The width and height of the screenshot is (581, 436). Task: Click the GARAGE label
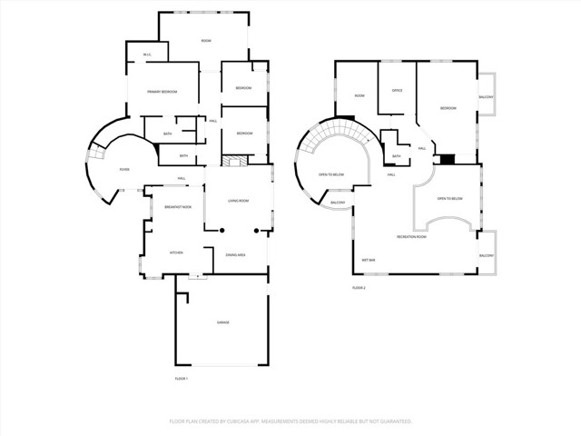[x=222, y=322]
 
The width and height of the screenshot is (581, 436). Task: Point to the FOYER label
[x=123, y=170]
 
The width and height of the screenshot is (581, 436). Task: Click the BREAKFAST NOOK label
[x=177, y=207]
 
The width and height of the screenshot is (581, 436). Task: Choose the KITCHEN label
[x=177, y=253]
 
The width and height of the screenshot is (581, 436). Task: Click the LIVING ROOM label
[x=239, y=201]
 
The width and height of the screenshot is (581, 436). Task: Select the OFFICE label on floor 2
[x=397, y=90]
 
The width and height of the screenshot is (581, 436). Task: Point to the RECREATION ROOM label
[x=412, y=236]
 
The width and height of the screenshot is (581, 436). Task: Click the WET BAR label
[x=369, y=259]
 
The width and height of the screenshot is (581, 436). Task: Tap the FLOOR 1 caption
[x=181, y=378]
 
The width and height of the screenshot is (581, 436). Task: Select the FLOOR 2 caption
[x=359, y=287]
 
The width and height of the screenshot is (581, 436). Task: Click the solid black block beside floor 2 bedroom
[x=447, y=159]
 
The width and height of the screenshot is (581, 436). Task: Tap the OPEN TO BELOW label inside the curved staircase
[x=330, y=173]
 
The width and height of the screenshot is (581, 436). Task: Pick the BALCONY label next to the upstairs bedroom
[x=487, y=96]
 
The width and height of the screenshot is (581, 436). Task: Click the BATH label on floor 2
[x=396, y=155]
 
